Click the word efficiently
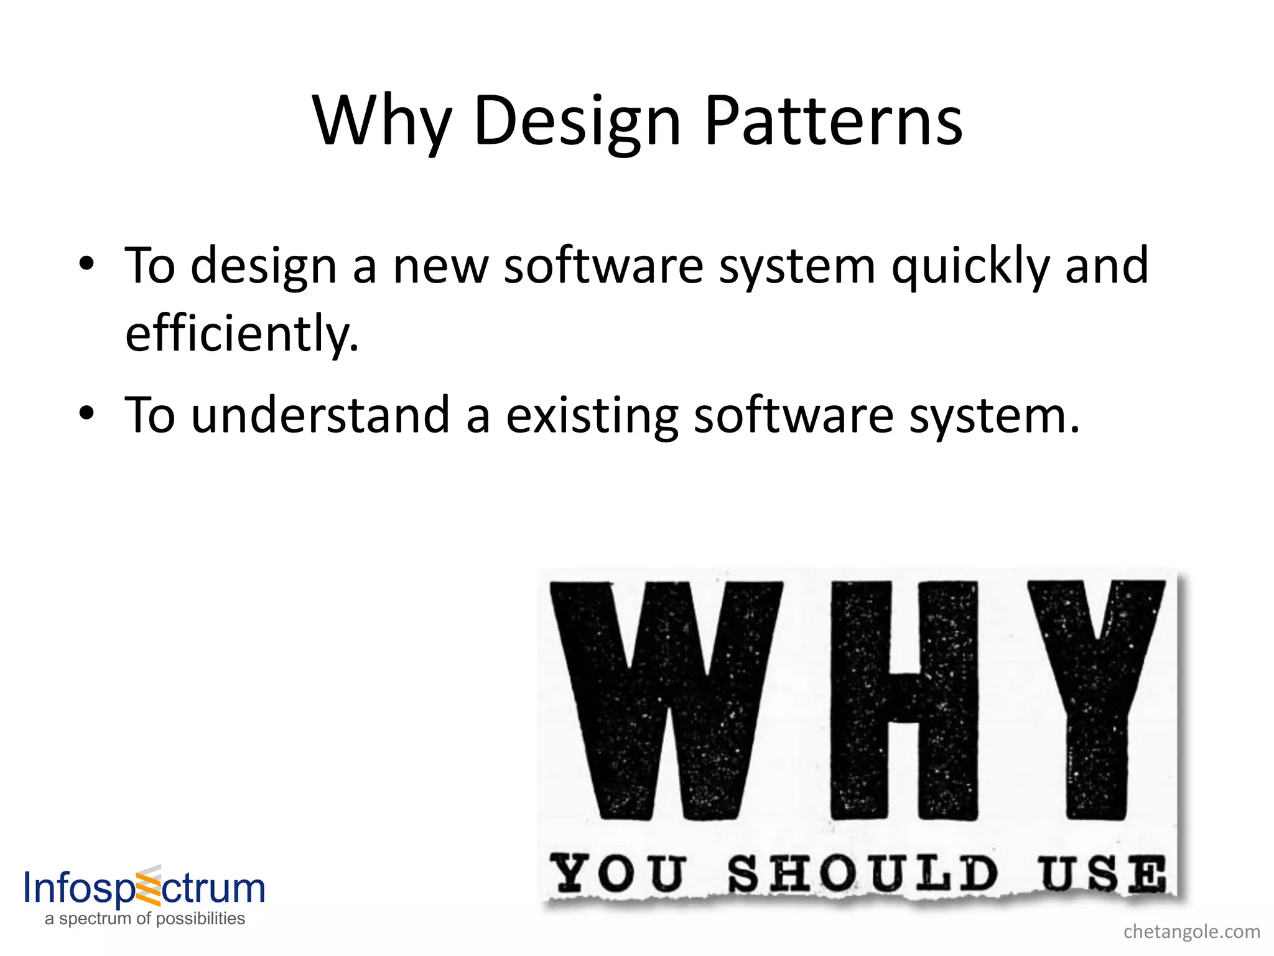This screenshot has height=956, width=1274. click(241, 334)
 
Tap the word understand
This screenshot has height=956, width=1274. click(320, 415)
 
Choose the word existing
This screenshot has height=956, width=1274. click(592, 415)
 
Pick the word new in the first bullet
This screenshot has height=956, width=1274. click(440, 266)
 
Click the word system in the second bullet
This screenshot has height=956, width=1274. click(993, 416)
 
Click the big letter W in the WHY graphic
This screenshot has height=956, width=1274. click(665, 700)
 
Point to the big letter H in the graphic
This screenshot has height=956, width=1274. click(904, 700)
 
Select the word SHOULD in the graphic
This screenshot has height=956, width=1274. click(862, 873)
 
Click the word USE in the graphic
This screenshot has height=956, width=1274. click(1101, 873)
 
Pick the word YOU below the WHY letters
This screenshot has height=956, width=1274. click(618, 873)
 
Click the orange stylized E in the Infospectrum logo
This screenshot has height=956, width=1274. click(148, 886)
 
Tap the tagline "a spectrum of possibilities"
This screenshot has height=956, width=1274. click(145, 919)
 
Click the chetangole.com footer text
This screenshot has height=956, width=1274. click(1191, 932)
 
